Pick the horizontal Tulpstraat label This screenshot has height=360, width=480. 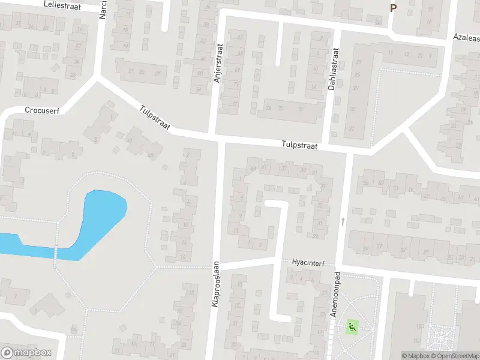tap(299, 146)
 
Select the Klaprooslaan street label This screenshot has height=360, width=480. tap(215, 286)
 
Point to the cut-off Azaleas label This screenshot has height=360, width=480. tap(466, 37)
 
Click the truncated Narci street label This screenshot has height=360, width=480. tap(103, 9)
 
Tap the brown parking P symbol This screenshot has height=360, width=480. tap(393, 8)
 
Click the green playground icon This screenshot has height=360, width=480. tap(352, 328)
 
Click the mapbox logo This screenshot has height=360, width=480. tap(26, 352)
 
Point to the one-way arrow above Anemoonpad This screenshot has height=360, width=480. tap(343, 222)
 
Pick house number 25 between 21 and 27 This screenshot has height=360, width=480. tap(142, 72)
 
